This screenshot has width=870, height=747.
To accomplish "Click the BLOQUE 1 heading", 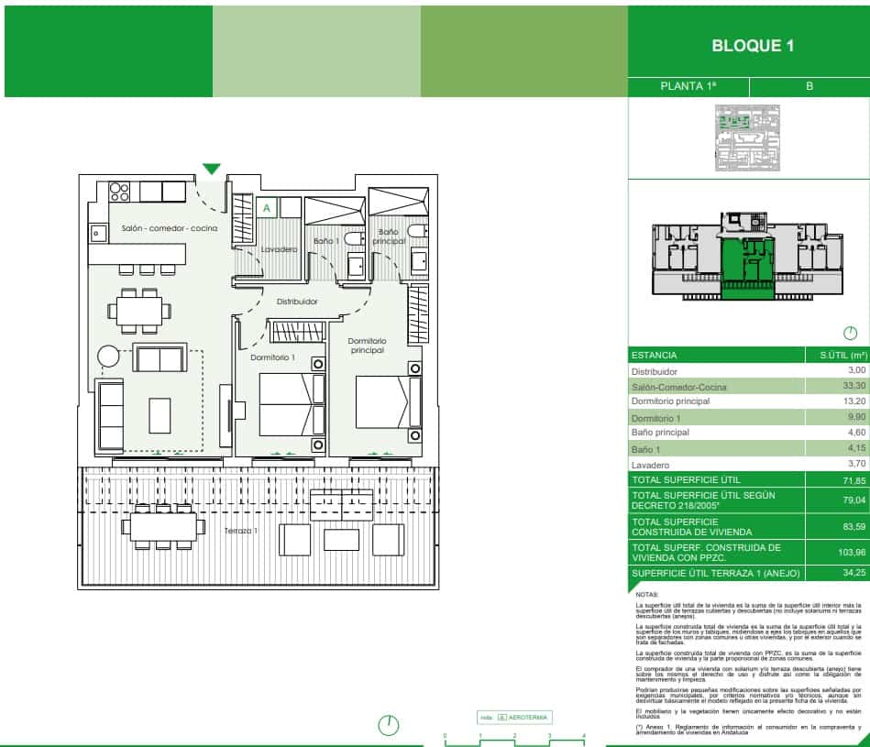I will click(x=752, y=46).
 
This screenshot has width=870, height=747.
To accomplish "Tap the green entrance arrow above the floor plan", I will click(x=212, y=169).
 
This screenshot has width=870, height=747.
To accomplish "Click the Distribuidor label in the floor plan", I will click(x=297, y=301).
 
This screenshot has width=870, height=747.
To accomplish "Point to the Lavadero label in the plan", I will click(x=279, y=249).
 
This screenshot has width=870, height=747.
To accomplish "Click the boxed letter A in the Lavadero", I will click(x=266, y=208).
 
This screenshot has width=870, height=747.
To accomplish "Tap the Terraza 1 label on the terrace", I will click(x=243, y=531).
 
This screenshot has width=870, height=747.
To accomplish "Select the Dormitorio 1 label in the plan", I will click(x=273, y=357).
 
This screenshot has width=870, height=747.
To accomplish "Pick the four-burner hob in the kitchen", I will click(x=120, y=192).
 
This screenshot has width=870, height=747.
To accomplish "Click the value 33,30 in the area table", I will click(x=853, y=387).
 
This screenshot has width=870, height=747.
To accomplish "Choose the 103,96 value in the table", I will click(x=852, y=552).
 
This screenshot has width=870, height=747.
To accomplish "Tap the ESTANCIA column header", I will click(x=654, y=355).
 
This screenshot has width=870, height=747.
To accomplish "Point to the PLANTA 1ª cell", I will click(x=688, y=86).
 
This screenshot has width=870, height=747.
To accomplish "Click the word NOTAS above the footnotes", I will click(x=646, y=620).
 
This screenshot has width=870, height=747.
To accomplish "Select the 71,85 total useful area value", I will click(x=852, y=480).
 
